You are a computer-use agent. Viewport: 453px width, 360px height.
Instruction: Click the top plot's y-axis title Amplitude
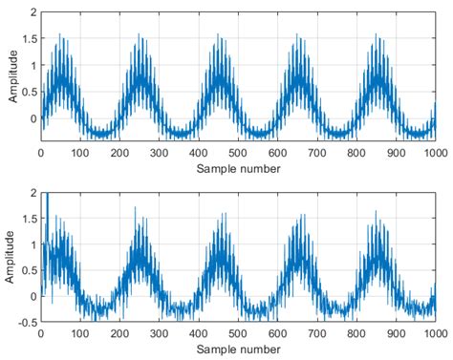(x=13, y=76)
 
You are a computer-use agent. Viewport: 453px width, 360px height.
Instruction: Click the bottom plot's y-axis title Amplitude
(x=10, y=257)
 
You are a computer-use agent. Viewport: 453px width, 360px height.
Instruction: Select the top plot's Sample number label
(x=238, y=169)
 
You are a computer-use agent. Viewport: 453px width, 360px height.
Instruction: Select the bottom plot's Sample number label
(x=238, y=349)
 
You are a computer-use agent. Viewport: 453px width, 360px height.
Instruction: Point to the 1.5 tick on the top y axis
(x=30, y=39)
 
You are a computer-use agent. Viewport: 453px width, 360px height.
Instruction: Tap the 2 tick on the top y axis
(x=33, y=12)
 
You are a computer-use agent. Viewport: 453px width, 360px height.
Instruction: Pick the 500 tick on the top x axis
(x=238, y=153)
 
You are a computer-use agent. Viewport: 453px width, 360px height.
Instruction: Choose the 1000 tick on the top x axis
(x=436, y=153)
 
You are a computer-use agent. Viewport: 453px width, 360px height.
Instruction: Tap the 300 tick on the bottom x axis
(x=160, y=333)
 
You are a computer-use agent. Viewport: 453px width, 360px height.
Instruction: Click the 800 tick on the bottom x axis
(x=356, y=333)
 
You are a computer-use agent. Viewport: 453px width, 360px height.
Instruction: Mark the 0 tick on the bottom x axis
(x=41, y=333)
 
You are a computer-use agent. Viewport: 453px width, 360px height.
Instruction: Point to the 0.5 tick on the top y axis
(x=30, y=92)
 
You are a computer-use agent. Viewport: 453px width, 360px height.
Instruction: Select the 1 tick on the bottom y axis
(x=33, y=244)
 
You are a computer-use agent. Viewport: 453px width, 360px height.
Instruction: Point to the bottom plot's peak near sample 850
(x=376, y=211)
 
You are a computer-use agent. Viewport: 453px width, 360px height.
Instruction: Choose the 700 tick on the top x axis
(x=317, y=153)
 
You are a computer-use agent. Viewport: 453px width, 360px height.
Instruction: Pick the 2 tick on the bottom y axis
(x=33, y=193)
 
